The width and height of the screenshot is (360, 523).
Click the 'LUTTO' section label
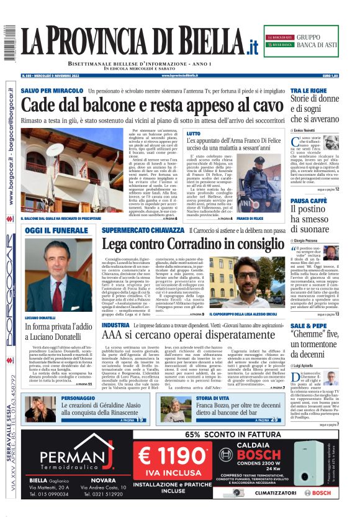[194, 134]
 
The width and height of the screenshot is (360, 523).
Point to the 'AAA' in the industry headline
[115, 335]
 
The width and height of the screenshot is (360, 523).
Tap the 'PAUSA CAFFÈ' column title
[308, 201]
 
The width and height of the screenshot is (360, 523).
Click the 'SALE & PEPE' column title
[308, 325]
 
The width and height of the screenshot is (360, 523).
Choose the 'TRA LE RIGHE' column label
[308, 91]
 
